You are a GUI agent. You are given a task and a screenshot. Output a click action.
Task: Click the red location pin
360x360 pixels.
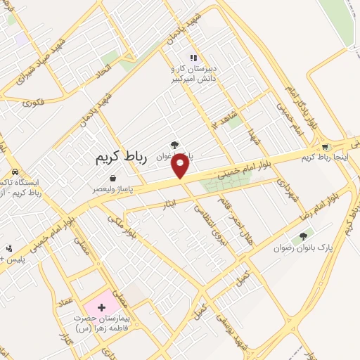[181, 166]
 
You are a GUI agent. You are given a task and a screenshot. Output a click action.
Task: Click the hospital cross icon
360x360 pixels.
[101, 307]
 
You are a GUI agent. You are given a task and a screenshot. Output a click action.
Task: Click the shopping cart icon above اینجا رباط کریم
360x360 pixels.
[325, 147]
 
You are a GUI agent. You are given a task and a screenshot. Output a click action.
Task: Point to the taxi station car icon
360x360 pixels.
[15, 172]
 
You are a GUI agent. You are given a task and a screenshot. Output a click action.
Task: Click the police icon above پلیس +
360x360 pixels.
[8, 248]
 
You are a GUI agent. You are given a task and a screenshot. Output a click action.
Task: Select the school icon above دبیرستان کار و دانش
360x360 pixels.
[193, 58]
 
